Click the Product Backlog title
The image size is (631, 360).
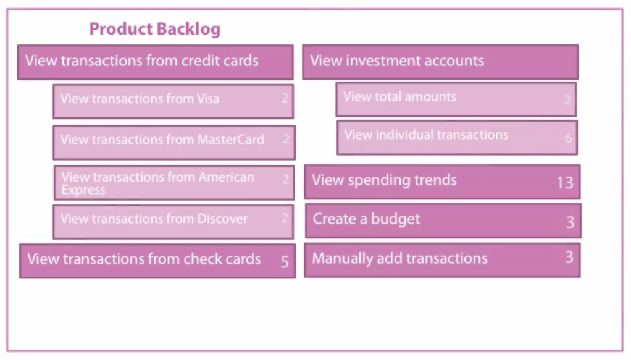[x=155, y=29]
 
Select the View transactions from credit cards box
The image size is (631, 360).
[x=156, y=62]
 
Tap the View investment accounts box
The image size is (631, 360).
[x=440, y=62]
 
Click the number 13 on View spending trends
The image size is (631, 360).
[x=564, y=183]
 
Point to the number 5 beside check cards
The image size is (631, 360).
[x=285, y=262]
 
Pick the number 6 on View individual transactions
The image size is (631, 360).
[x=568, y=138]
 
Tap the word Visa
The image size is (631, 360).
[x=208, y=98]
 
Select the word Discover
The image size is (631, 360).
[x=222, y=218]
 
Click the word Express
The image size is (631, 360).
[x=83, y=190]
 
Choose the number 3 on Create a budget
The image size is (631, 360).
[x=570, y=222]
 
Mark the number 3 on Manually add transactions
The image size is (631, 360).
[x=569, y=256]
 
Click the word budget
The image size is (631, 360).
[x=395, y=219]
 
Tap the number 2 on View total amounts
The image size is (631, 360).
[x=567, y=99]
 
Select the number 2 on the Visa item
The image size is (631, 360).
[x=285, y=98]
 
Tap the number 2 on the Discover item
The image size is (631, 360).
[x=285, y=218]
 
